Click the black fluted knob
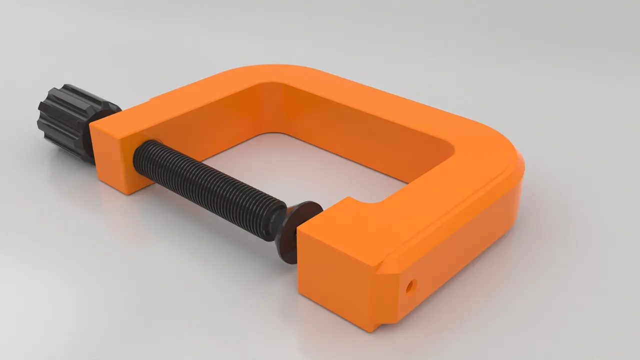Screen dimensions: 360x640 coord(70,120)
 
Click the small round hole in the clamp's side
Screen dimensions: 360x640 coord(411,286)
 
